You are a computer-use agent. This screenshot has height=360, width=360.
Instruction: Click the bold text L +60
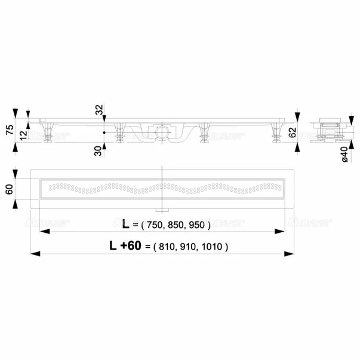click(122, 245)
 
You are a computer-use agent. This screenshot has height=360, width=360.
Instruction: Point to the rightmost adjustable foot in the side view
click(276, 132)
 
